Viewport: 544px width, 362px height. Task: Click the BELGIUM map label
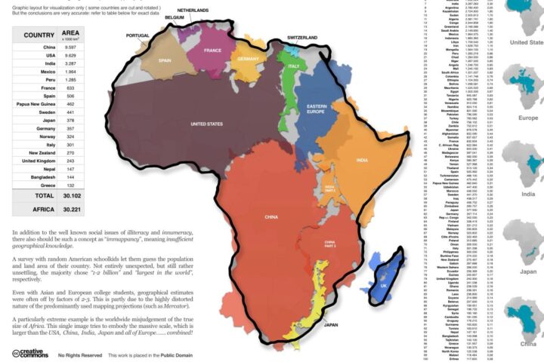175,17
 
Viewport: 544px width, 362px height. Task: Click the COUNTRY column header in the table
38,35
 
